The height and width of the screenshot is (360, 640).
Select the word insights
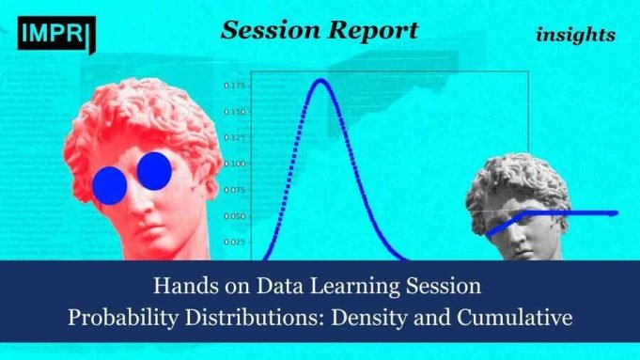(575, 35)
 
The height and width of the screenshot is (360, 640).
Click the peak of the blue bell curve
(320, 80)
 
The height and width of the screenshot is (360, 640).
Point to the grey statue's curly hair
(507, 179)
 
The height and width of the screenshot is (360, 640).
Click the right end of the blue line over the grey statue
(616, 213)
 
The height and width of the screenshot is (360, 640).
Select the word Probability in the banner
(119, 318)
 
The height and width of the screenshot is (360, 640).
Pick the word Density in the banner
(377, 318)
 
